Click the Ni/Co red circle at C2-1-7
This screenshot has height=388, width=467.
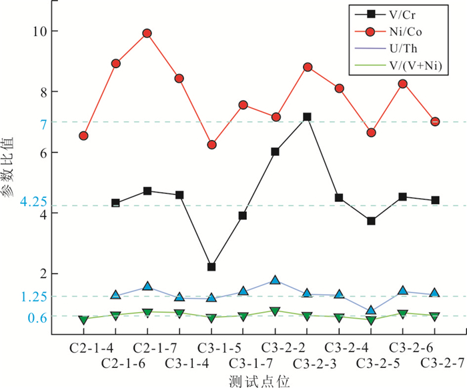(x=147, y=33)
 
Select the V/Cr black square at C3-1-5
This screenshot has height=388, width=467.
(x=211, y=267)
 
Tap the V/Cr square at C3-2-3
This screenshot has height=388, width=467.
(x=307, y=117)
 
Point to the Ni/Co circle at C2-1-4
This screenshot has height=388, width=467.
(x=83, y=136)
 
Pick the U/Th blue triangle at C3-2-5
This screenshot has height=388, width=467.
(x=371, y=311)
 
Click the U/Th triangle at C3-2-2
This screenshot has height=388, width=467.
(x=275, y=281)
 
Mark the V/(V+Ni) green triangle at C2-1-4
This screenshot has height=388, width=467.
(x=83, y=320)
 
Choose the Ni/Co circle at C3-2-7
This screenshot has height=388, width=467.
(x=435, y=122)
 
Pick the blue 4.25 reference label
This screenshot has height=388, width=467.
(x=32, y=202)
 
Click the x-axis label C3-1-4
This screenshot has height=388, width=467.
(x=179, y=363)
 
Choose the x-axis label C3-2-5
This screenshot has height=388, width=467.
(x=371, y=363)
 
